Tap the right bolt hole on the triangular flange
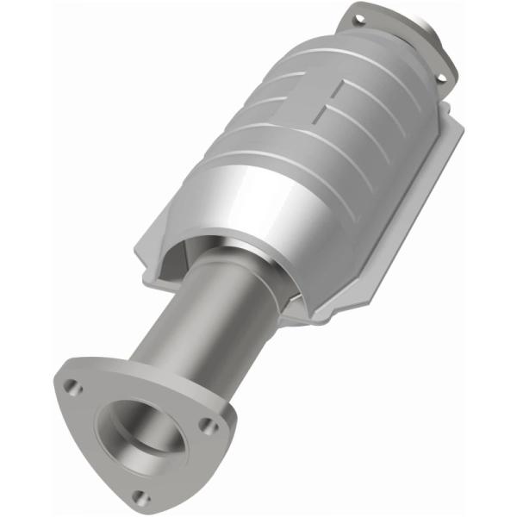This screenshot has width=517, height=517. click(207, 425)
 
